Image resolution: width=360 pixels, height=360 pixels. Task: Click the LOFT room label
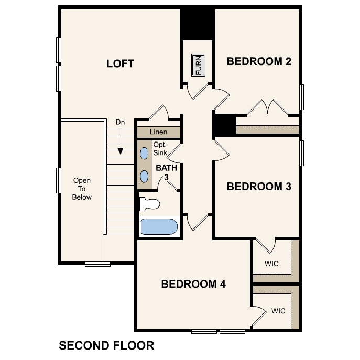pos(120,64)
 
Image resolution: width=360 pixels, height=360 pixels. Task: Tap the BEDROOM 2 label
pos(259,61)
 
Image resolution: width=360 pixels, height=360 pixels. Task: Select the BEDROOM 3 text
pos(259,187)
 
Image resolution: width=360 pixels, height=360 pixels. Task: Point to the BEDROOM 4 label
pos(193,284)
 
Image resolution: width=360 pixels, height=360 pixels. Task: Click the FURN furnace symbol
pos(198,65)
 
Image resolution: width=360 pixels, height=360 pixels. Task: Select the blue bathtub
pos(159,227)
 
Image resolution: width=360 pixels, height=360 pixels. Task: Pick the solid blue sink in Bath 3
pos(144,176)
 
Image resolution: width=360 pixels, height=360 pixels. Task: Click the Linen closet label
pos(158,132)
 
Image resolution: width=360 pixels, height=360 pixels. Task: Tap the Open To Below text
pos(82,189)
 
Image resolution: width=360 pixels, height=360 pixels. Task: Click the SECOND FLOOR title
pos(106,345)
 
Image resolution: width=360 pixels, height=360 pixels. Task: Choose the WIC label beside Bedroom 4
pos(278,311)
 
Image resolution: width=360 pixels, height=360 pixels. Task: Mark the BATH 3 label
pos(166,172)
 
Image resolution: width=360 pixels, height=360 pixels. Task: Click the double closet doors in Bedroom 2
pos(268,107)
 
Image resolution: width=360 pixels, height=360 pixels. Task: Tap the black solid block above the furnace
pos(197,24)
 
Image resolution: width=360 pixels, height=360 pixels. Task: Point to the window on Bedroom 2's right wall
pos(301,97)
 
